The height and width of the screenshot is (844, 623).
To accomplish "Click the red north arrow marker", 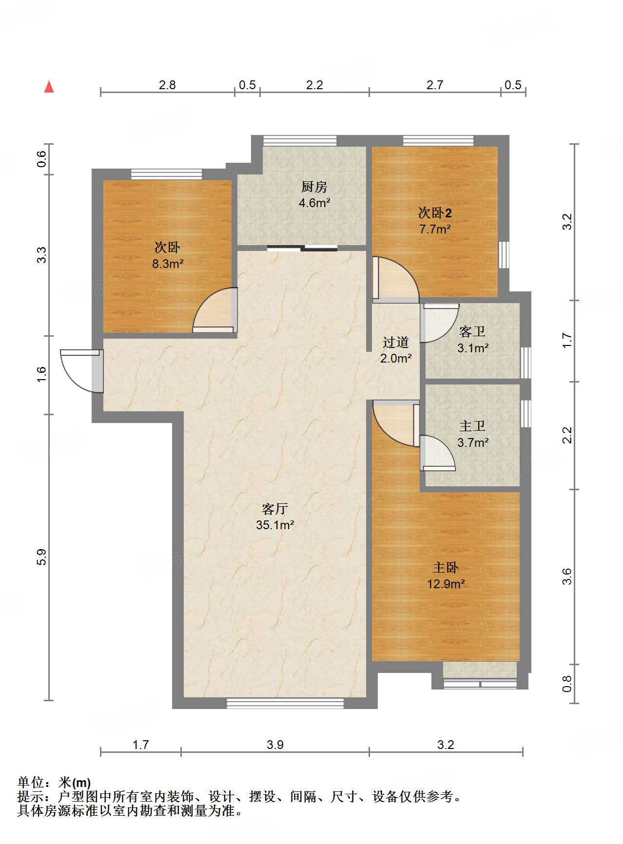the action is pyautogui.click(x=49, y=87).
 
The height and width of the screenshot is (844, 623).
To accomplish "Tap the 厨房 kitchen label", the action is pyautogui.click(x=314, y=187).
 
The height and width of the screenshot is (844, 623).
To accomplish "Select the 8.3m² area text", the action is pyautogui.click(x=168, y=264).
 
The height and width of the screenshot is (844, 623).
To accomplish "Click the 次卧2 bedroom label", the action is pyautogui.click(x=435, y=213).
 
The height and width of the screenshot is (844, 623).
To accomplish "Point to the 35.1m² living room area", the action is pyautogui.click(x=275, y=525).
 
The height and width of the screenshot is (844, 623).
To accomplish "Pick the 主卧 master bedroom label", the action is pyautogui.click(x=446, y=568).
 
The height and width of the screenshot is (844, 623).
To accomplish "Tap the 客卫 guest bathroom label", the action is pyautogui.click(x=472, y=332).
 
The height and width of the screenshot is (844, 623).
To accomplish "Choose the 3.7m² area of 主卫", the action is pyautogui.click(x=473, y=442).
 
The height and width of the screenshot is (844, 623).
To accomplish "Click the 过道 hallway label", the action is pyautogui.click(x=395, y=343).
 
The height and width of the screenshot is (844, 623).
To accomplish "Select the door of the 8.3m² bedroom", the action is pyautogui.click(x=215, y=310).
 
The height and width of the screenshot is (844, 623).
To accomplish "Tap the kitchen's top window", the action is pyautogui.click(x=300, y=141).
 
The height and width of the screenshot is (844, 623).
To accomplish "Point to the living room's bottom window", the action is pyautogui.click(x=285, y=703).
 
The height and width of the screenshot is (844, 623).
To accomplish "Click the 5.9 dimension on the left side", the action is pyautogui.click(x=42, y=557).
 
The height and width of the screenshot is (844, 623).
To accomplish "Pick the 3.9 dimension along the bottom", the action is pyautogui.click(x=275, y=745).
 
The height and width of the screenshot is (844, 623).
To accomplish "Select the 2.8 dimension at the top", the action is pyautogui.click(x=167, y=85).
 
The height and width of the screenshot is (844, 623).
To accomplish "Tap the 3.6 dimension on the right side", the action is pyautogui.click(x=566, y=576).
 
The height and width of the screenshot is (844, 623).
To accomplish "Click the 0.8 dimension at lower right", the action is pyautogui.click(x=566, y=684).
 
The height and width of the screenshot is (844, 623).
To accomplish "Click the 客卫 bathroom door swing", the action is pyautogui.click(x=440, y=323).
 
